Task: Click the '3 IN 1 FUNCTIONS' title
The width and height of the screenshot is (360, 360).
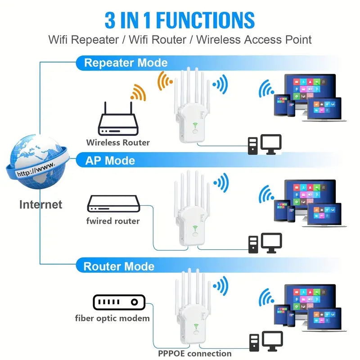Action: point(180,20)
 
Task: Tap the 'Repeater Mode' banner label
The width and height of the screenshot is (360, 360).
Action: point(126,63)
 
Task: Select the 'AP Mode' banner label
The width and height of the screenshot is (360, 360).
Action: point(110,161)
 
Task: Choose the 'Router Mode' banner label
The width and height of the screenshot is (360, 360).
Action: point(119,266)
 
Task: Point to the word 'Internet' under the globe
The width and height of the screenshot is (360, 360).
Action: point(40,204)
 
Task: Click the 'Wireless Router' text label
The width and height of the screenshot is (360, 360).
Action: point(118,143)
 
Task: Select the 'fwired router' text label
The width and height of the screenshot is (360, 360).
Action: point(113,221)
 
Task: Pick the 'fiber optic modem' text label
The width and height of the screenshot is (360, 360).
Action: point(112,319)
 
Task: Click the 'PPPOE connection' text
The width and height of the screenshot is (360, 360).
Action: point(195,353)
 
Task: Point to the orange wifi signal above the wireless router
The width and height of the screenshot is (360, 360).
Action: point(138,92)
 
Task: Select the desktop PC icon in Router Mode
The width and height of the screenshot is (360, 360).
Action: point(265,341)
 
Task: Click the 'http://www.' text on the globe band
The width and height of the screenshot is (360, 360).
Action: point(36,169)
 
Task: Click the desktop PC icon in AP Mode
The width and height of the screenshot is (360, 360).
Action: point(265,243)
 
